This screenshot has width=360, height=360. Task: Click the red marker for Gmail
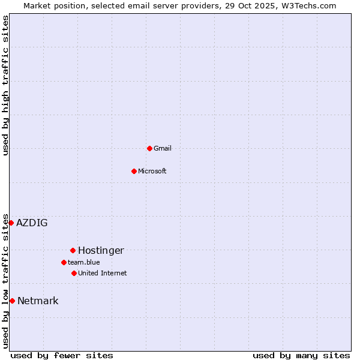[149, 148]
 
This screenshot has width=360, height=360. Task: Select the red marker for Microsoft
[134, 171]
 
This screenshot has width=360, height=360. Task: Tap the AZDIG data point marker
[11, 223]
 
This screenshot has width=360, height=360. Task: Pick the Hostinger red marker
[73, 250]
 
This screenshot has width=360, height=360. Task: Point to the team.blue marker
[64, 262]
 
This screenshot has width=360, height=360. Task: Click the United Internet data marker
[74, 273]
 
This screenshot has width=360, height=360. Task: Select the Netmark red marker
[12, 301]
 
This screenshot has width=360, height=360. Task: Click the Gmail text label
[163, 148]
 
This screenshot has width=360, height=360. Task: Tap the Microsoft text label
[152, 171]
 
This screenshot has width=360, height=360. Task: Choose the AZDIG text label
[32, 223]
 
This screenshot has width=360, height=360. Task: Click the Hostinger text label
[101, 251]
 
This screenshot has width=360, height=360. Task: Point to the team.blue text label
[84, 262]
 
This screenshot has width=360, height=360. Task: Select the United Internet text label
[103, 273]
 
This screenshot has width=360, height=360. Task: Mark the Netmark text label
[38, 301]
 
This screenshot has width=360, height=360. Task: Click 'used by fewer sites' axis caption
[62, 355]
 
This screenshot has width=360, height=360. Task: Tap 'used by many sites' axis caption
[301, 355]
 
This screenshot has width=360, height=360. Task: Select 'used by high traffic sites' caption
[5, 85]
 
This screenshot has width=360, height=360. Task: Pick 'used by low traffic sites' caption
[5, 281]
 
